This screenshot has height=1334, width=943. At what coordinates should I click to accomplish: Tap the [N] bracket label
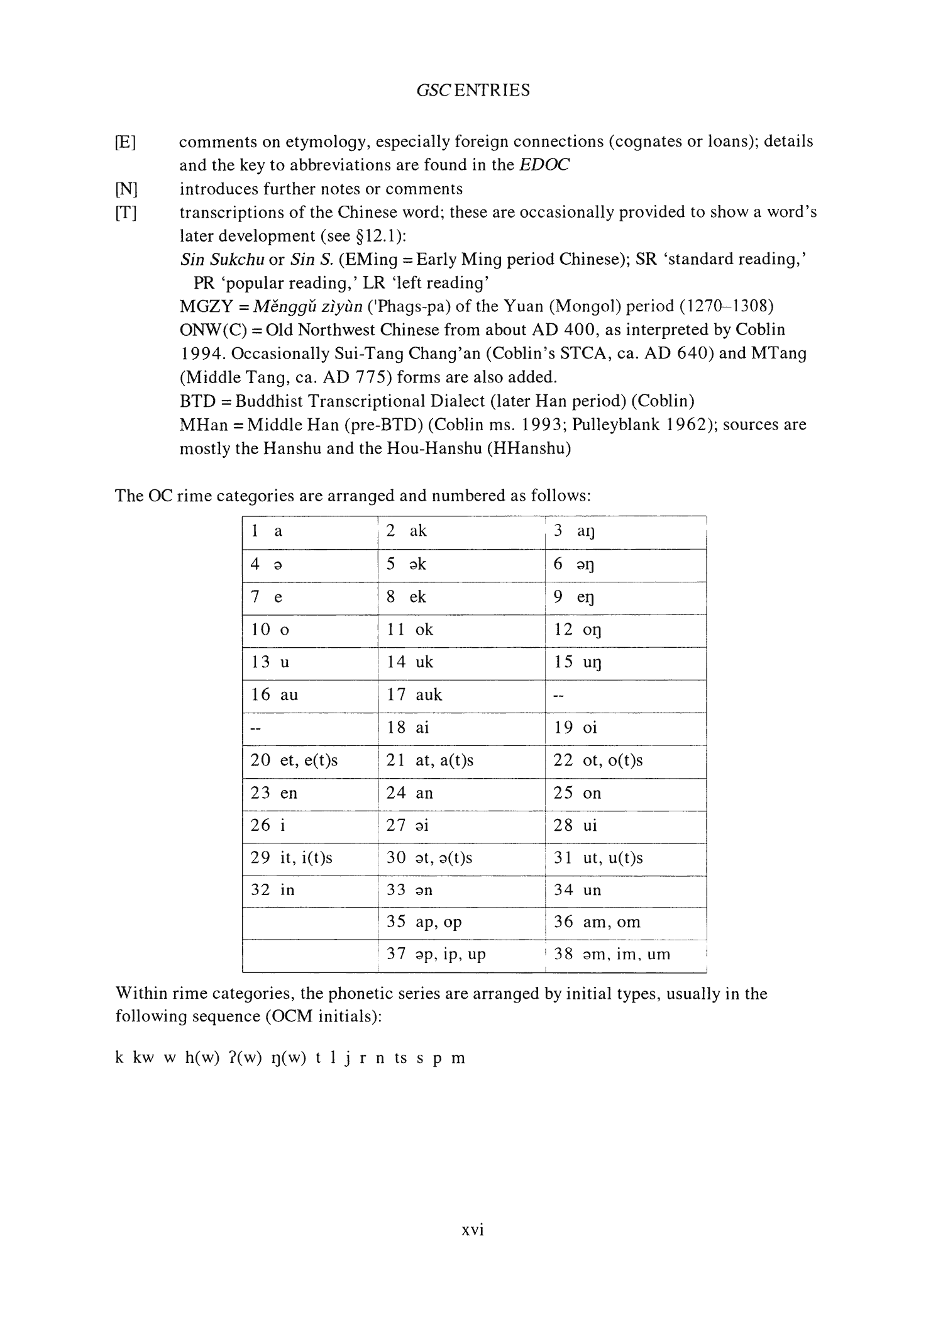(126, 189)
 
